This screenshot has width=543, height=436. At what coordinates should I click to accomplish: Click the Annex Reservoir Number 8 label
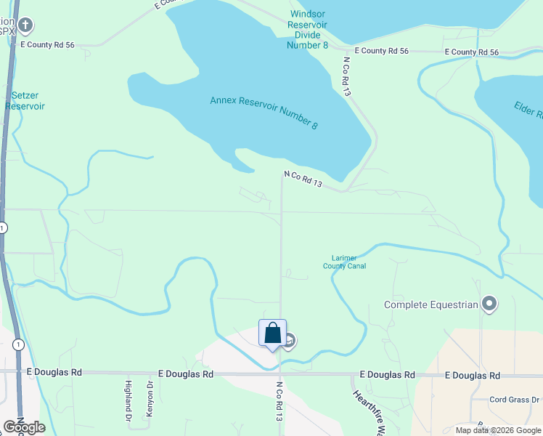click(x=264, y=113)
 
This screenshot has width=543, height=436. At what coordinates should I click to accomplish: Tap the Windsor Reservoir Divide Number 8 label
click(x=309, y=29)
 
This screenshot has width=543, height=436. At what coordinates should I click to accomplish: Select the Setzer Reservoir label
click(x=25, y=100)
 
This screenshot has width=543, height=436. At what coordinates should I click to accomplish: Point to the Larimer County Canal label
click(x=344, y=262)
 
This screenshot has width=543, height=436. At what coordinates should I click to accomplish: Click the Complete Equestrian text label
click(x=431, y=305)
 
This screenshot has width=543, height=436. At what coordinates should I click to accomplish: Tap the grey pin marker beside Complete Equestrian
click(x=490, y=304)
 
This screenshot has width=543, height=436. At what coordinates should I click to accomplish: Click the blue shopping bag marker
click(x=272, y=334)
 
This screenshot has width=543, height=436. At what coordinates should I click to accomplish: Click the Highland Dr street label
click(x=128, y=402)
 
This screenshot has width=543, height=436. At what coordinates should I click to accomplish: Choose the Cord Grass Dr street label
click(x=514, y=400)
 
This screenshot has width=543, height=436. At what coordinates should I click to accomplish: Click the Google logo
click(x=25, y=427)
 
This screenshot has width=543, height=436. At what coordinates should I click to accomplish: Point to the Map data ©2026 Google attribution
click(x=498, y=430)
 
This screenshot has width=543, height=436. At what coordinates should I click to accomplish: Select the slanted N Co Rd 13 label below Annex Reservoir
click(x=303, y=179)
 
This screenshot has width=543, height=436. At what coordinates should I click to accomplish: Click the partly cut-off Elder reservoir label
click(x=528, y=109)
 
